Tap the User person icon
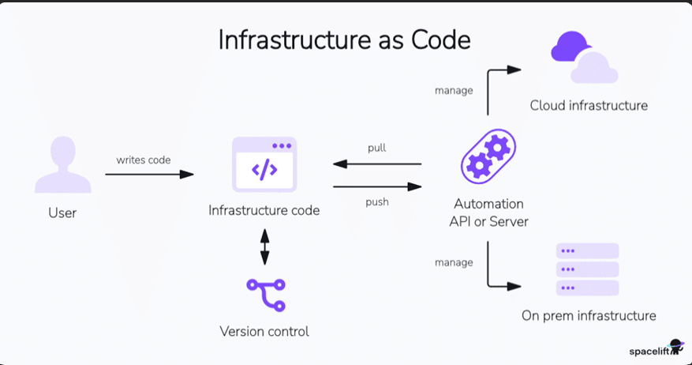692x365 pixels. (x=62, y=165)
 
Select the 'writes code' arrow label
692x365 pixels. (x=144, y=160)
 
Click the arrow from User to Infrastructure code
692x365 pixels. (x=149, y=174)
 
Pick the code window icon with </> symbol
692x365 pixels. (x=264, y=165)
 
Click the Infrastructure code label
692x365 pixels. (x=264, y=210)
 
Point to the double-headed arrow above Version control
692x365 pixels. (x=264, y=246)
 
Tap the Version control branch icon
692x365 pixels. (x=264, y=295)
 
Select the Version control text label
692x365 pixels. (x=264, y=331)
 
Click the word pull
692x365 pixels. (x=376, y=148)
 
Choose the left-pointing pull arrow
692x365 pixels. (x=376, y=164)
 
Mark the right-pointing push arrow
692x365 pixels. (x=376, y=186)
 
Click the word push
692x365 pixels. (x=377, y=201)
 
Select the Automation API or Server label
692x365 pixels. (x=488, y=213)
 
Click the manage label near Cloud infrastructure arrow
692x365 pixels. (x=454, y=90)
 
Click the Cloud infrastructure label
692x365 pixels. (x=589, y=105)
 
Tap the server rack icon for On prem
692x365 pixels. (x=588, y=269)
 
